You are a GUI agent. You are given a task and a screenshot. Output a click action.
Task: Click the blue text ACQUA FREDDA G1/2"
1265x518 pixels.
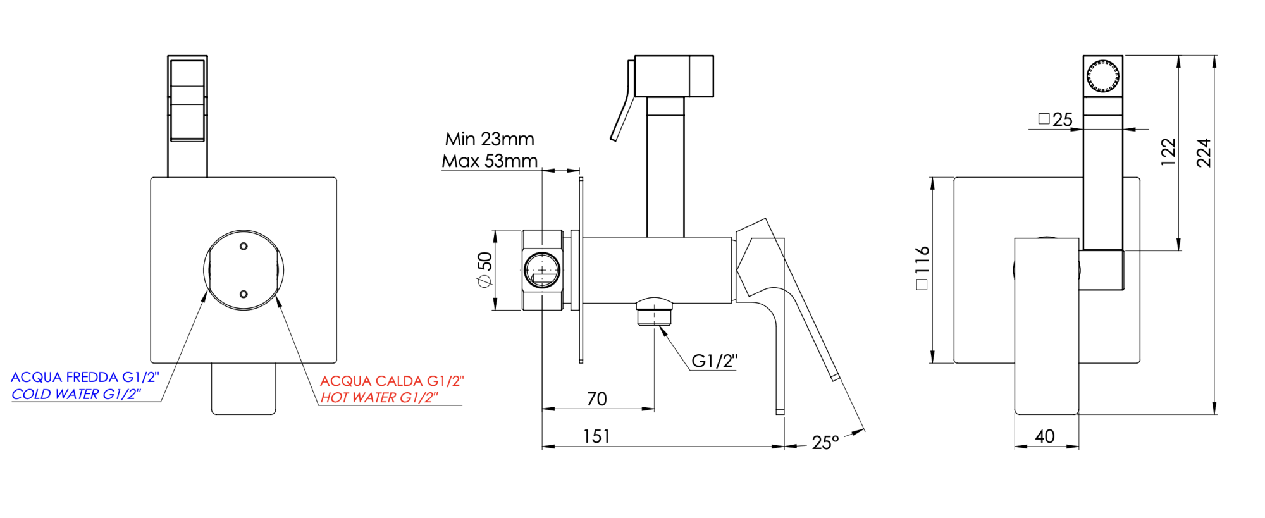85,378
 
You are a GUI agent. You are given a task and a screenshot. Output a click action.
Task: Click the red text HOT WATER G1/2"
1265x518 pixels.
378,398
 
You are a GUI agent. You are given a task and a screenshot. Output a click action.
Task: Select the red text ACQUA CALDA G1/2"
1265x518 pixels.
392,381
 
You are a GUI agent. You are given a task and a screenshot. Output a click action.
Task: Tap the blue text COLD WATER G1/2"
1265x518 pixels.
76,395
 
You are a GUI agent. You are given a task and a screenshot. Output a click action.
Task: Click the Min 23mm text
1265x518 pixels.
490,139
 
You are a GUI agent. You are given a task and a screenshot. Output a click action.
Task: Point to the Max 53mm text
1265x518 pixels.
490,161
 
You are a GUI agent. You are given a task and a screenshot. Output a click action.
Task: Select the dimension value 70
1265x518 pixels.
596,399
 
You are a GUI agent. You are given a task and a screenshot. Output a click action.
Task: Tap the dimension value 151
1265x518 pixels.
596,437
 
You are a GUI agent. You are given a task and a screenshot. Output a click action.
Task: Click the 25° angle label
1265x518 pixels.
825,443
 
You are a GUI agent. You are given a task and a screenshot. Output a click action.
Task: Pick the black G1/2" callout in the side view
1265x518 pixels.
714,361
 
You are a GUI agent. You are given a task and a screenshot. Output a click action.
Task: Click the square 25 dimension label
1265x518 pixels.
1056,120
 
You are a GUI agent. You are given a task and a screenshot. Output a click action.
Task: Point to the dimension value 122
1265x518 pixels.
1168,152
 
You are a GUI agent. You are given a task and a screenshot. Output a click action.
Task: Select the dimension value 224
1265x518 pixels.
1204,152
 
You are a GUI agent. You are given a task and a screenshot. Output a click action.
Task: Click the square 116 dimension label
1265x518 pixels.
922,268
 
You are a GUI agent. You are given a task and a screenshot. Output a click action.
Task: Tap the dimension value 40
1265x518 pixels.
1045,436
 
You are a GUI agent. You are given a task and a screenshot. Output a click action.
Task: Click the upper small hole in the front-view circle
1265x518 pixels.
244,247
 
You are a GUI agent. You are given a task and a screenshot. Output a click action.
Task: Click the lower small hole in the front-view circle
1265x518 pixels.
244,294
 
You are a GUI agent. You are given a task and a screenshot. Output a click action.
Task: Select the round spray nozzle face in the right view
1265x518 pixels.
1102,77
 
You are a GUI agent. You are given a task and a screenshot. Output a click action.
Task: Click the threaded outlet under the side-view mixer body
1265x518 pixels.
655,314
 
